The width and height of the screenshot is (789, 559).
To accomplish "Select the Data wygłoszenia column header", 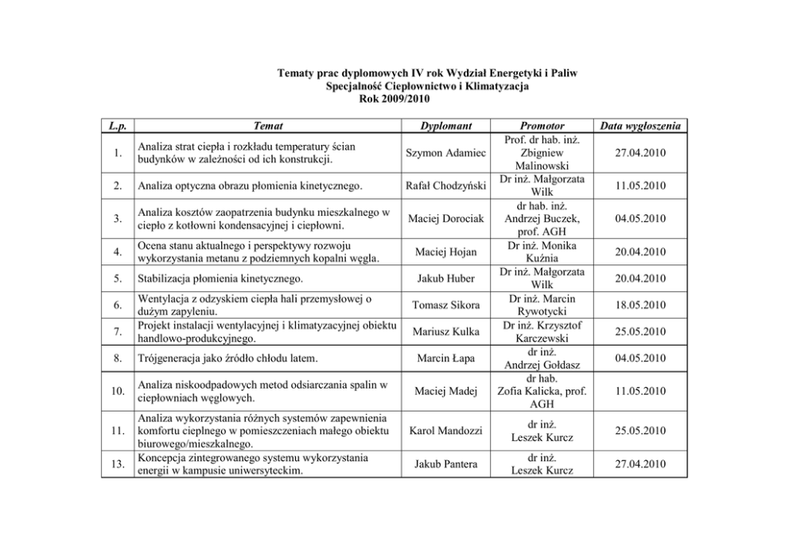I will (644, 126).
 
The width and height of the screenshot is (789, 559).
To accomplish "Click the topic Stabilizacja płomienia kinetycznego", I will (220, 279).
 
